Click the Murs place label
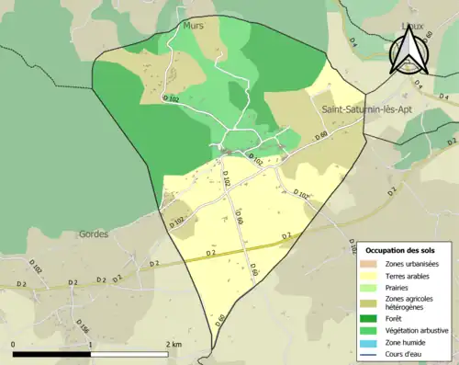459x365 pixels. pyautogui.click(x=194, y=27)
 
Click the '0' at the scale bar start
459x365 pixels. pyautogui.click(x=14, y=344)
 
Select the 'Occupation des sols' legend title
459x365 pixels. pyautogui.click(x=403, y=250)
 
